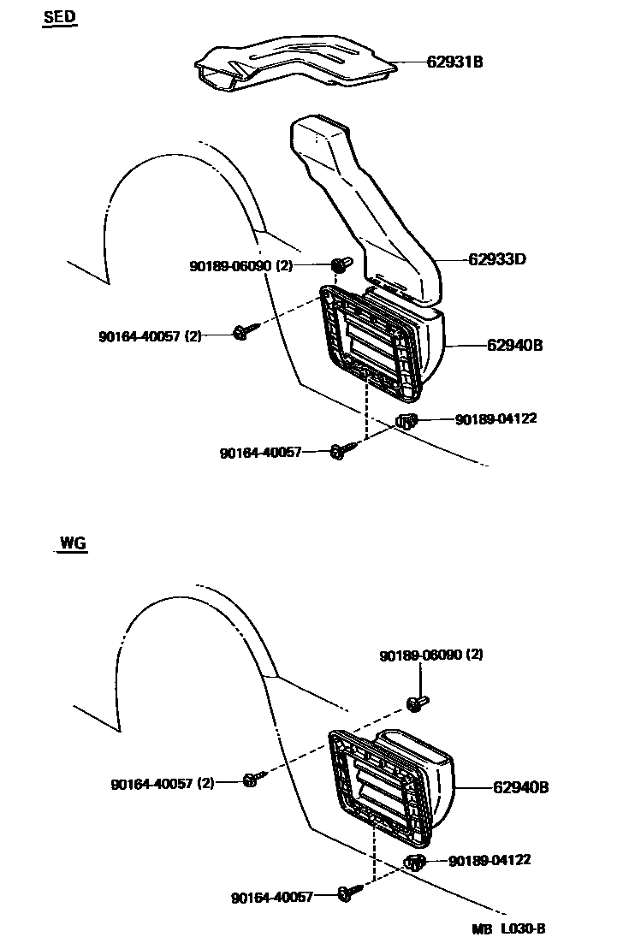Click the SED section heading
60,18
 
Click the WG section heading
74,543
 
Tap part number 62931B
454,62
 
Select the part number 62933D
496,258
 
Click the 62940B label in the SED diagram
515,346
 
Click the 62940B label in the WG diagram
520,786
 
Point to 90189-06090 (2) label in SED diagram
240,266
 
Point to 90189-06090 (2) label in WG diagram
431,655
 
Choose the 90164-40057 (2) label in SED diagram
150,336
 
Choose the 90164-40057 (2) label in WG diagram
163,783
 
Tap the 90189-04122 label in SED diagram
496,419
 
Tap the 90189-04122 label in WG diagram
489,860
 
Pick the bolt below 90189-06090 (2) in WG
418,703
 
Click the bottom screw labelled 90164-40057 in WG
347,893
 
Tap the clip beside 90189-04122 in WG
414,862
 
